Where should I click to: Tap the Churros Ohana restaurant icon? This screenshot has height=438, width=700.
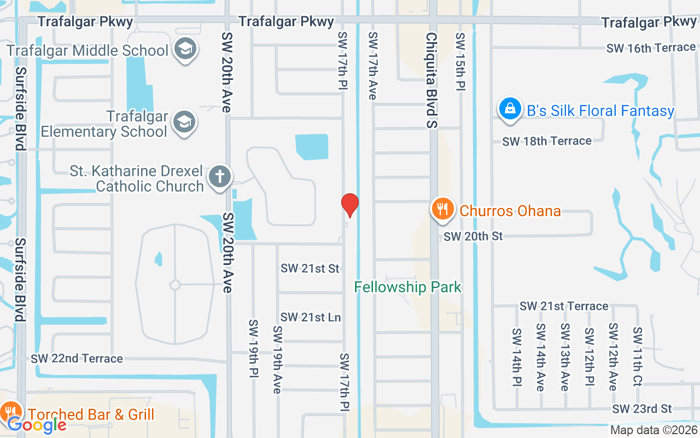[x=443, y=210]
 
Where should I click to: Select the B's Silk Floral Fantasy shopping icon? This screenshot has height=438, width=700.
[x=510, y=108]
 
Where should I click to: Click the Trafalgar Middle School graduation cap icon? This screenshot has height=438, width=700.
[x=185, y=49]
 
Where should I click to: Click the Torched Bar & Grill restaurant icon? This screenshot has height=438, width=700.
[x=10, y=412]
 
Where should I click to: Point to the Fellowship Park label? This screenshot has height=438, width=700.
[x=408, y=287]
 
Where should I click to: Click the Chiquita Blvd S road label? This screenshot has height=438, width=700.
[x=432, y=80]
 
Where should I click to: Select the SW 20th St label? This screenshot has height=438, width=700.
[x=473, y=237]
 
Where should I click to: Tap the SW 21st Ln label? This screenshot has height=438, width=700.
[x=311, y=318]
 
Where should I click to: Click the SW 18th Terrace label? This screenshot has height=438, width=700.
[x=547, y=141]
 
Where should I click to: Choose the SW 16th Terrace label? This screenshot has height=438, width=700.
[x=650, y=48]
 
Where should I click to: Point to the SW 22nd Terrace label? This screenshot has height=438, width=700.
[x=77, y=359]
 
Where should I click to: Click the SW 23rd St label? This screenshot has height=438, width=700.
[x=642, y=409]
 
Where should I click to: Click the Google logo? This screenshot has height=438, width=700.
[x=37, y=424]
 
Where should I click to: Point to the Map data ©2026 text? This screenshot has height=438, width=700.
[x=654, y=430]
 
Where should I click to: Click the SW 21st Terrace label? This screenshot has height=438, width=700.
[x=564, y=306]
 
